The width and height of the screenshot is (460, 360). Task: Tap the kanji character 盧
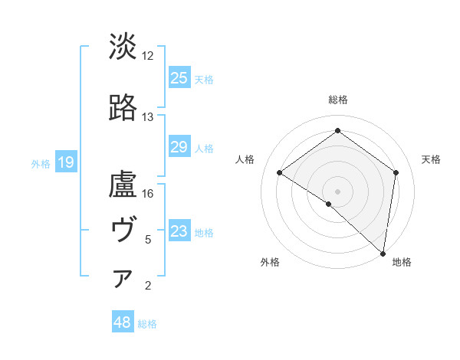tap(123, 185)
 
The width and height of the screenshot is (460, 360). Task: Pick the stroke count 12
tap(148, 56)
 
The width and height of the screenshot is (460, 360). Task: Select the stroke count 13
tap(148, 117)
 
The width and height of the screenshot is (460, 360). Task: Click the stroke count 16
tap(148, 194)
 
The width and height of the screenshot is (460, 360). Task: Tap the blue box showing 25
tap(179, 77)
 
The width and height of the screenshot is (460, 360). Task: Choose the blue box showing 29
tap(179, 147)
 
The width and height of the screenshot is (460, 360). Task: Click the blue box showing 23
tap(179, 231)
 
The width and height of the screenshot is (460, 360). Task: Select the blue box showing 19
tap(65, 162)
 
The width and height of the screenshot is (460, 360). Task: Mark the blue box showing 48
tap(123, 322)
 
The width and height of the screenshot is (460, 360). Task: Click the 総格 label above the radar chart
tap(337, 100)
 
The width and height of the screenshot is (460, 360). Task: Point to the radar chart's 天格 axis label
tap(431, 159)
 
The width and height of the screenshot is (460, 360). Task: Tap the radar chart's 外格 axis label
tap(270, 262)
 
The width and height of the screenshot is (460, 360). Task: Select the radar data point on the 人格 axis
tap(280, 173)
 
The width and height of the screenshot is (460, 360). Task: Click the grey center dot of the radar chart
tap(337, 191)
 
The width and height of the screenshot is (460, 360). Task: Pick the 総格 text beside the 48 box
tap(147, 324)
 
